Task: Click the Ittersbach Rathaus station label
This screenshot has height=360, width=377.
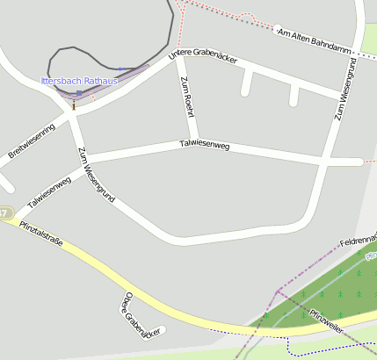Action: click(79, 81)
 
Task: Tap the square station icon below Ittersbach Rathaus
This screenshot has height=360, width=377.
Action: click(79, 93)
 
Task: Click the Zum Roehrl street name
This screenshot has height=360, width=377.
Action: click(186, 97)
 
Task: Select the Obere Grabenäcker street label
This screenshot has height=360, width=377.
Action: click(142, 315)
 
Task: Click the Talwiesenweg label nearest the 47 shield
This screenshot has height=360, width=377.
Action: click(49, 191)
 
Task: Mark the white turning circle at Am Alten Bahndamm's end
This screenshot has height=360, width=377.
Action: click(278, 28)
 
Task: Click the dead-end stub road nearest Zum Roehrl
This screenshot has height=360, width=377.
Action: click(246, 83)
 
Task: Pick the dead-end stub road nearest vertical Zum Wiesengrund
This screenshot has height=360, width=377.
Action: click(294, 95)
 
